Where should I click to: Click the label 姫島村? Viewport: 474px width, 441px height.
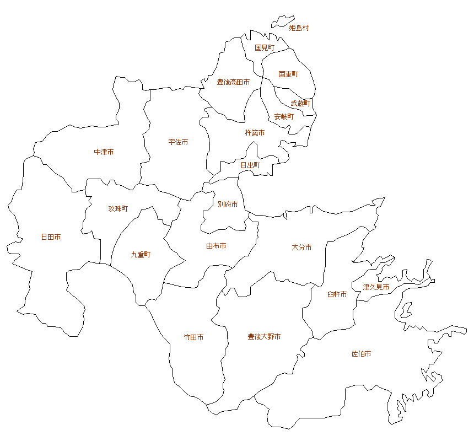(x=299, y=28)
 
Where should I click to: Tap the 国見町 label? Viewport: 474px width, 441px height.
(x=265, y=49)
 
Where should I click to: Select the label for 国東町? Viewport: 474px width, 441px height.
(x=288, y=74)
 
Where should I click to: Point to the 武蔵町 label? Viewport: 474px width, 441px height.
(x=301, y=104)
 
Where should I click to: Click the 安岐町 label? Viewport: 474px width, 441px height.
(x=284, y=117)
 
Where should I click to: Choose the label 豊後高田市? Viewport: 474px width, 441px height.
(x=233, y=82)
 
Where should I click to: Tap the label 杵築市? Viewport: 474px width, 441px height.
(x=255, y=133)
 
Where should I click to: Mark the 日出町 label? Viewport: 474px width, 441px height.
(x=250, y=165)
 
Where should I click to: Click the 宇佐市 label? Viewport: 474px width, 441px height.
(x=178, y=142)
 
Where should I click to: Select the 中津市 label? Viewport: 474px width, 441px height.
(x=104, y=152)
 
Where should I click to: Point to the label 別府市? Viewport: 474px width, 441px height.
(x=228, y=205)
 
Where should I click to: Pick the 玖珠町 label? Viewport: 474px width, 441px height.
(x=118, y=209)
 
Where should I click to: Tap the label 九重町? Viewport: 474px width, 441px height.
(x=141, y=255)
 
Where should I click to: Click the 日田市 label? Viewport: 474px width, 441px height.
(x=51, y=237)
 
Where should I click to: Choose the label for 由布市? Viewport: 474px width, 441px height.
(x=216, y=246)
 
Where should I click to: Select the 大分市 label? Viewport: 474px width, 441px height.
(x=301, y=248)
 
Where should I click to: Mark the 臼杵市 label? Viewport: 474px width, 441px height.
(x=337, y=294)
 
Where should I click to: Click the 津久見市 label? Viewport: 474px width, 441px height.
(x=376, y=287)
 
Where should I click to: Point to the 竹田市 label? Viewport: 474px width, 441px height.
(x=193, y=337)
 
